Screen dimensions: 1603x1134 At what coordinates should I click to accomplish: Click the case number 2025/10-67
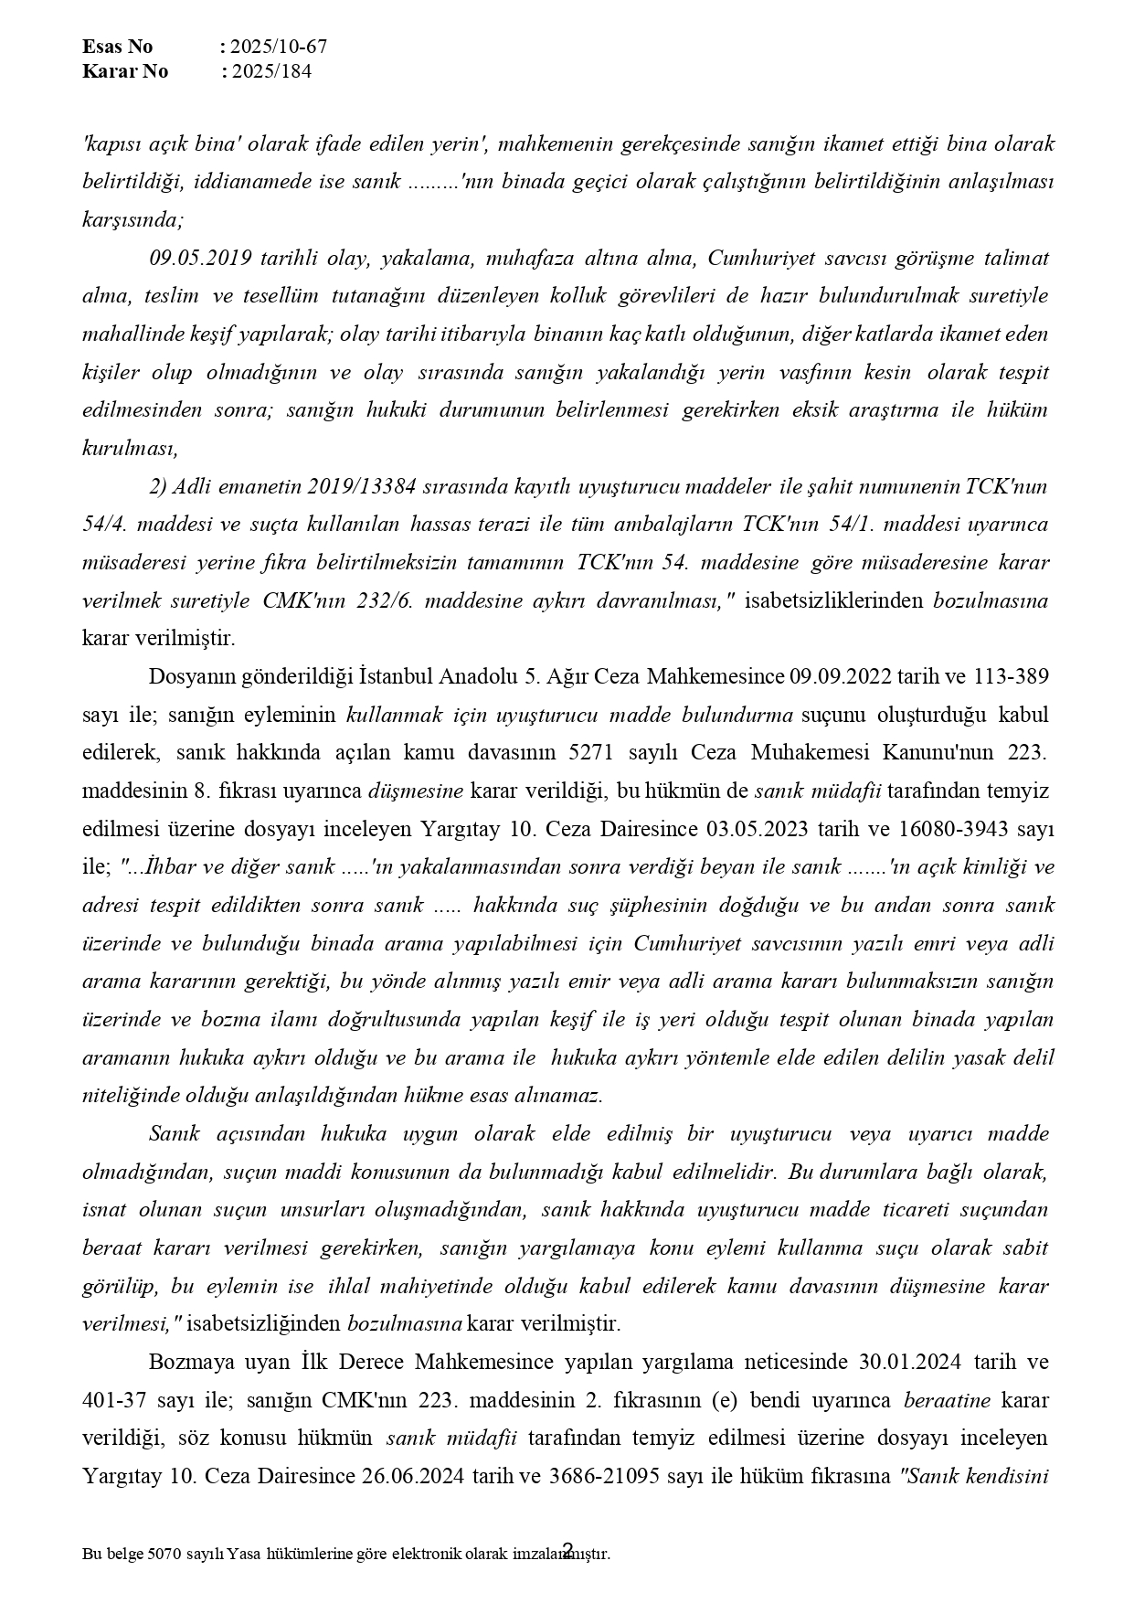[279, 47]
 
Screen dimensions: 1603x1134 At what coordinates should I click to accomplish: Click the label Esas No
[117, 47]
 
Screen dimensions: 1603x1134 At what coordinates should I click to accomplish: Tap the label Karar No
[124, 71]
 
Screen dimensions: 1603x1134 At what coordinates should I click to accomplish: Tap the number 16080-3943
[945, 829]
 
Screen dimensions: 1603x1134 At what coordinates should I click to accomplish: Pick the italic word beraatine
[948, 1399]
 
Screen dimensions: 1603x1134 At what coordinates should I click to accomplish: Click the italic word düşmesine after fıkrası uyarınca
[415, 791]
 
